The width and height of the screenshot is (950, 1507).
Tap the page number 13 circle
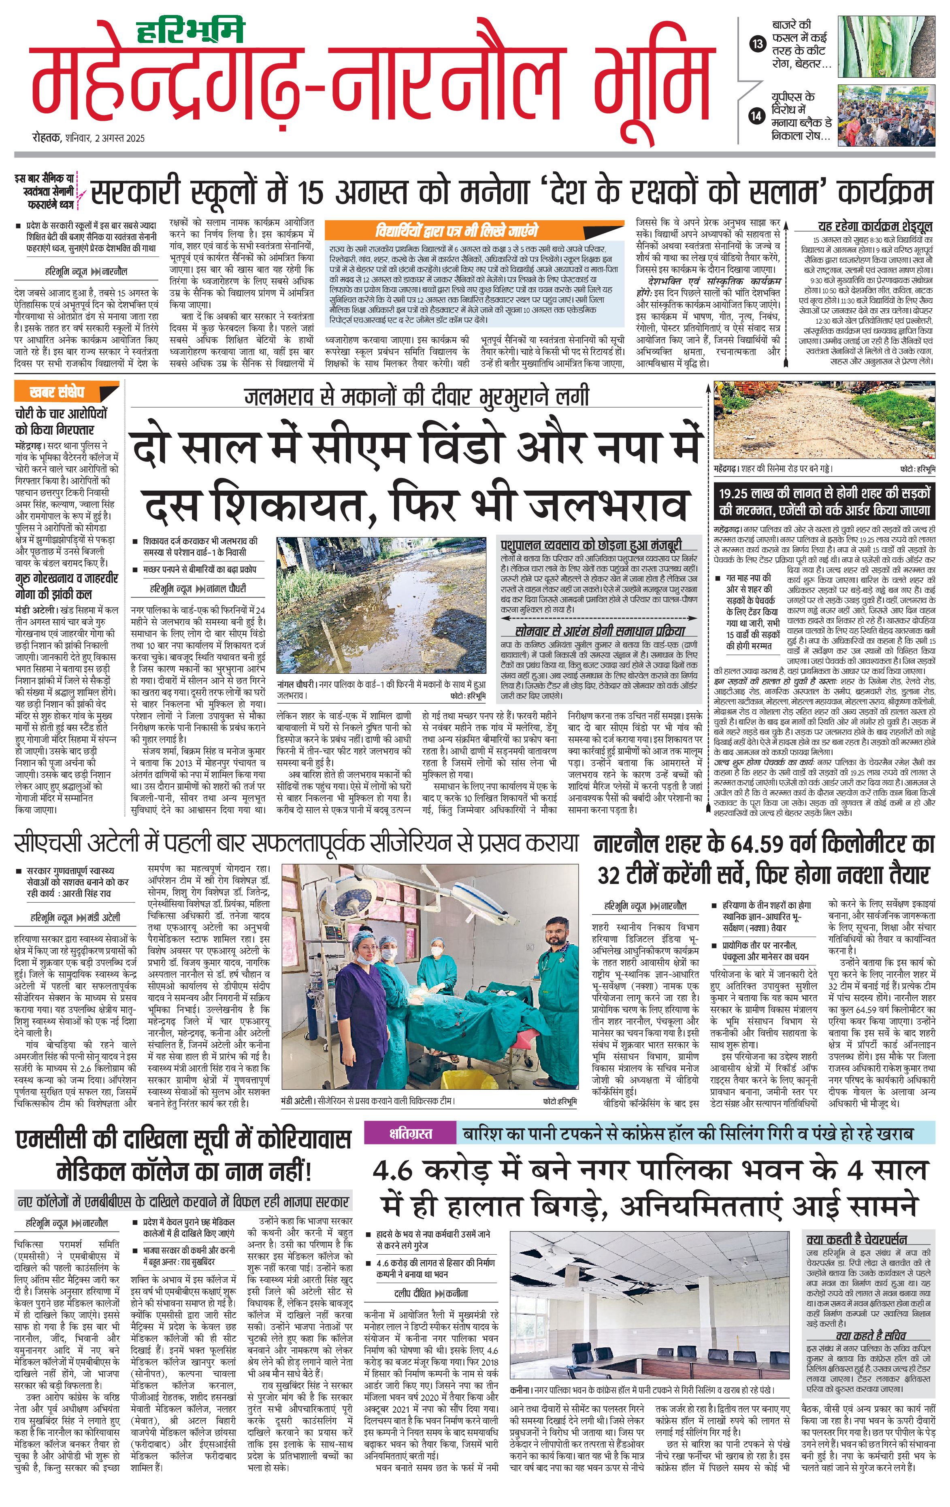757,44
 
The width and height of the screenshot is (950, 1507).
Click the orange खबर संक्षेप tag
57,393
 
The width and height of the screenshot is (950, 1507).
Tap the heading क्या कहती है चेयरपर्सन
856,1238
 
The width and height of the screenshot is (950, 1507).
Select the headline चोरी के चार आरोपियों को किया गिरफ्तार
61,421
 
